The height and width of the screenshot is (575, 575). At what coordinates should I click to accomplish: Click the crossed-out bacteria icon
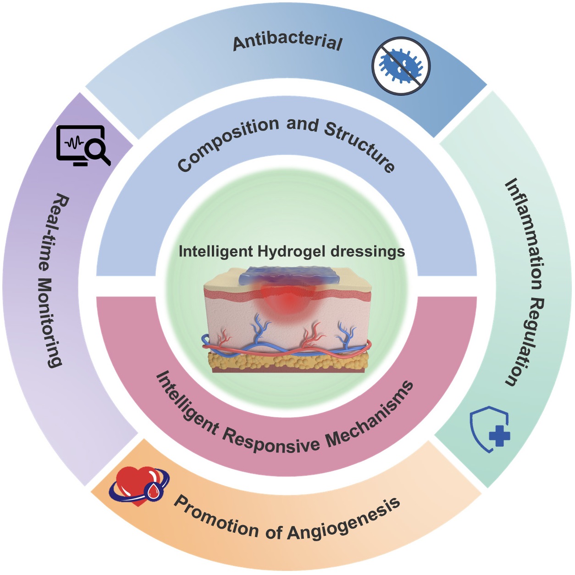tap(401, 66)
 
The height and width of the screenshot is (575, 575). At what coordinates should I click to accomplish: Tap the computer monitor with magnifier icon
tap(83, 145)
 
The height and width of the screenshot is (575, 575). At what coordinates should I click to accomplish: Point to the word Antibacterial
tap(287, 44)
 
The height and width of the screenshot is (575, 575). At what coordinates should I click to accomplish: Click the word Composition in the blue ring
tap(227, 143)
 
